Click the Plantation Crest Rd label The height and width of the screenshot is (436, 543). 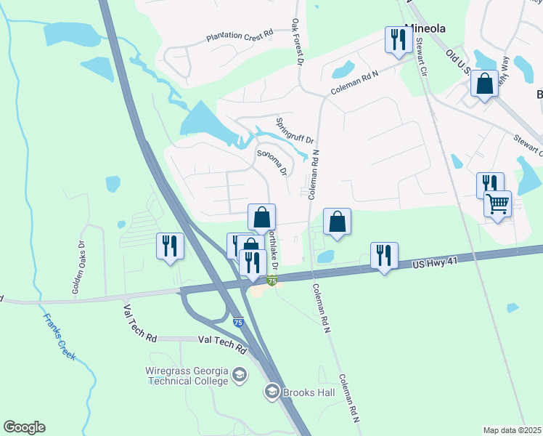(239, 34)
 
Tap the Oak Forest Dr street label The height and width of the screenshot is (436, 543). (296, 42)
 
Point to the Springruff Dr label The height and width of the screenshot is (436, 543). (294, 130)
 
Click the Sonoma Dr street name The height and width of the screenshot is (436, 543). (272, 163)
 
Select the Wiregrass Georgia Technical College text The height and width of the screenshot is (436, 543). (187, 375)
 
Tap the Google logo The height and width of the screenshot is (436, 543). (24, 427)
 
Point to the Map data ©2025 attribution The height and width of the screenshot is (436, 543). (512, 430)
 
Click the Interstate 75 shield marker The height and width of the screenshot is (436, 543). (272, 281)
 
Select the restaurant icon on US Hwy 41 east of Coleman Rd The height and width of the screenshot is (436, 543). (384, 255)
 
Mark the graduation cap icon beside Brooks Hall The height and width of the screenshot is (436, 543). (272, 392)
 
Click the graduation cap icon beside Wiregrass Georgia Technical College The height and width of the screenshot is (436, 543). (240, 375)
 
